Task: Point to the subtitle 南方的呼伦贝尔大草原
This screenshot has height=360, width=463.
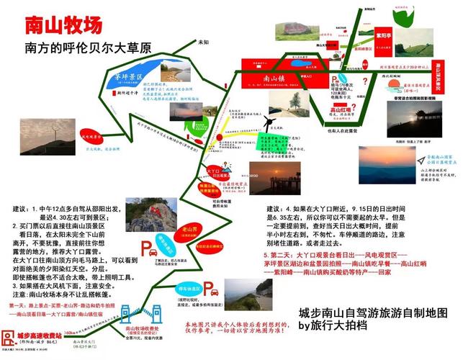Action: click(88, 49)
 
